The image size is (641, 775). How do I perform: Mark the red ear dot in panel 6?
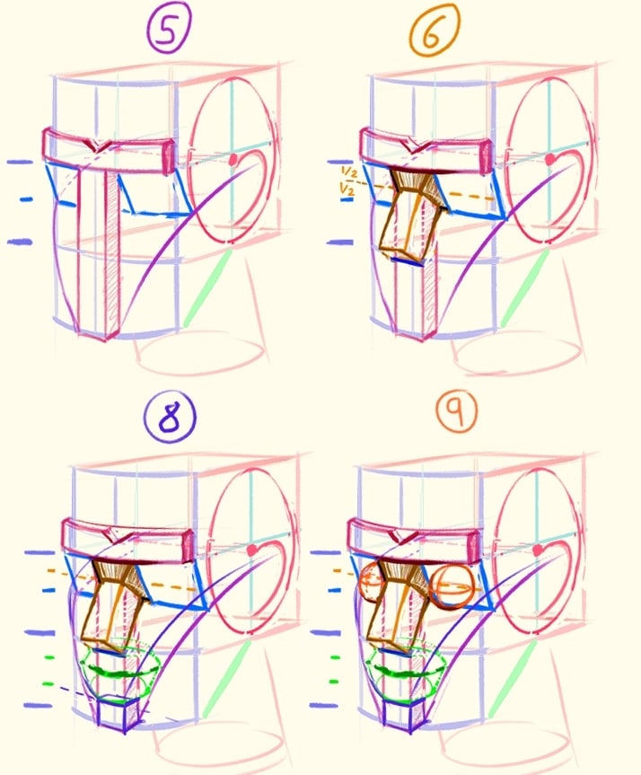(x=549, y=159)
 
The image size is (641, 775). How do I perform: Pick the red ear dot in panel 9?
(x=540, y=549)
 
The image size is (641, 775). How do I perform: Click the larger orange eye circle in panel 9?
(x=449, y=588)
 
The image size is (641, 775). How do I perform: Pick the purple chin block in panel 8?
(x=117, y=714)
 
